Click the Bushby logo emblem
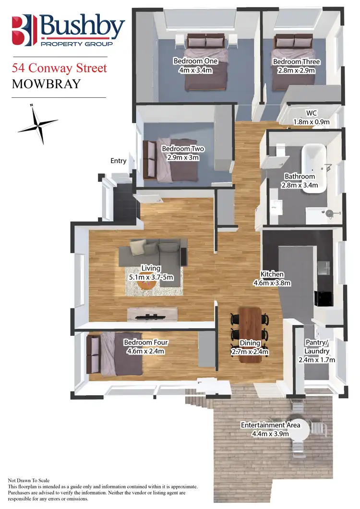point(24,30)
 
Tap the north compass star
point(38,123)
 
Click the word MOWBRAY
point(46,84)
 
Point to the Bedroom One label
point(195,61)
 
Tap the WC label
point(312,113)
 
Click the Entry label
point(118,161)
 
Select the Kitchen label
point(272,274)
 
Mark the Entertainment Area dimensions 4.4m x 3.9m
point(271,434)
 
